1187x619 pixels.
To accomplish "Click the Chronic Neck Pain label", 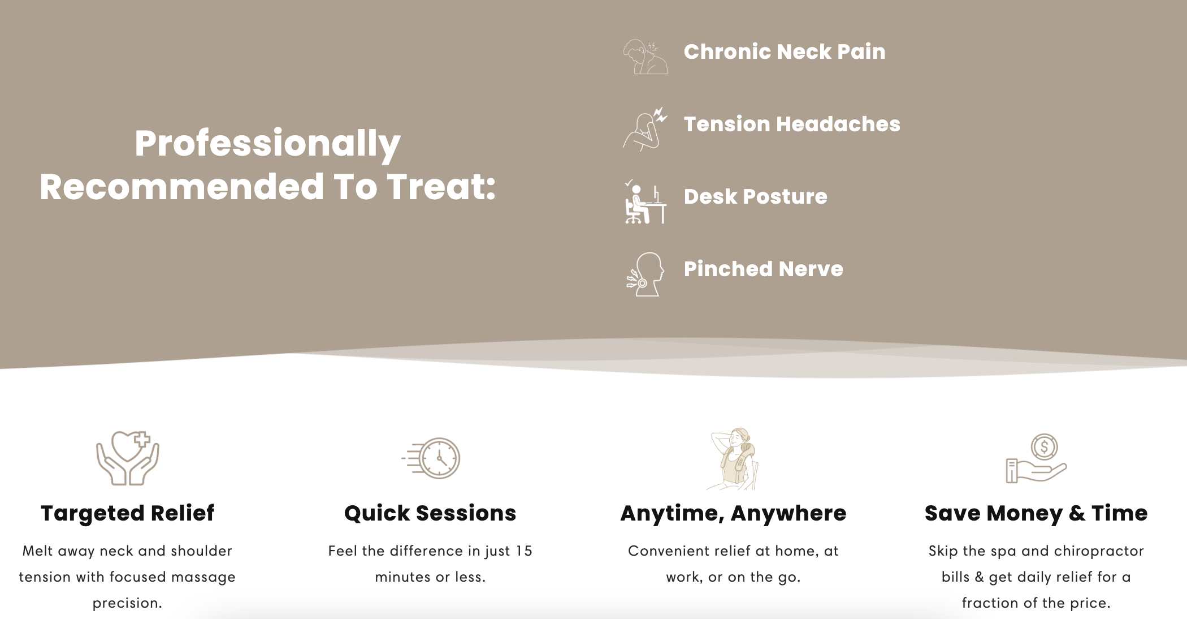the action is (785, 51).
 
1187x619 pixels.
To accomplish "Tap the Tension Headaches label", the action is (792, 124).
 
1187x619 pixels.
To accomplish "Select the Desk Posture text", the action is (756, 196).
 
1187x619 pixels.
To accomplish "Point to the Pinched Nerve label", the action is (764, 269).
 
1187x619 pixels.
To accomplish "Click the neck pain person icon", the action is (645, 57).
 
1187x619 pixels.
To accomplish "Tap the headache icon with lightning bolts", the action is (645, 129).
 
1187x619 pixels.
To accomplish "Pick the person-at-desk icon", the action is (645, 202).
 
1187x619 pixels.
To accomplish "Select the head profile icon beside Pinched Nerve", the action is (645, 274).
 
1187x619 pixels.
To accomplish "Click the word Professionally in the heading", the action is (267, 144).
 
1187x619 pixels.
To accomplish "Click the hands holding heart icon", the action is (127, 458).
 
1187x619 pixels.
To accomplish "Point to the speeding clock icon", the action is (431, 458).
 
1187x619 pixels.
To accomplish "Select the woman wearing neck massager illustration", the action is (733, 459).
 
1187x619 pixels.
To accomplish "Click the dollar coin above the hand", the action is (1044, 447).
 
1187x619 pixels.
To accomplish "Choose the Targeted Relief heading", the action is (127, 513).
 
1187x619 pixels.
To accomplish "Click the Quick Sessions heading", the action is (430, 513).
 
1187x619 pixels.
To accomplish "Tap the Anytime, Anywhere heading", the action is (733, 513).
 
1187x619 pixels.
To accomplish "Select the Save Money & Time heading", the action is (1036, 513).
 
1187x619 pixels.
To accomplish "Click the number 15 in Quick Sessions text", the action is (524, 551).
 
